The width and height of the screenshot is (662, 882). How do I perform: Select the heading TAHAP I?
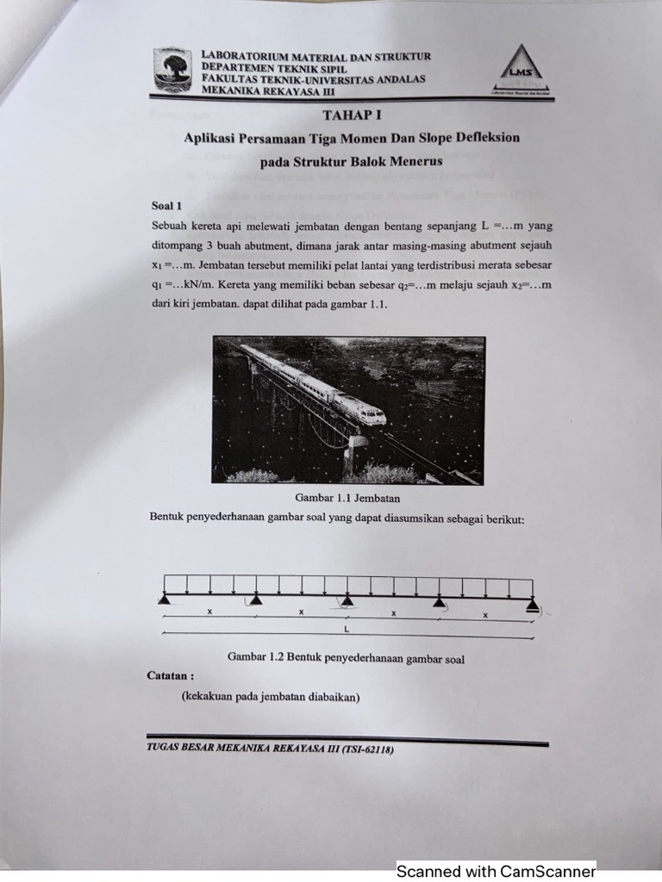coord(352,115)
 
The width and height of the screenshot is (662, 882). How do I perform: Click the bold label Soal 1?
coord(167,206)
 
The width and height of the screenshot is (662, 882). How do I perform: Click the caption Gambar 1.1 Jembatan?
coord(347,498)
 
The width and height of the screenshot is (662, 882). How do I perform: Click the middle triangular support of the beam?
coord(347,599)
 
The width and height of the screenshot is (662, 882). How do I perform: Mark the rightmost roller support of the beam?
coord(533,605)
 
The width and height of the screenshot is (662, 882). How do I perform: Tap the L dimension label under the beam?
coord(347,629)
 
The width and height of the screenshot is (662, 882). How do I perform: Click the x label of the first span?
coord(209,612)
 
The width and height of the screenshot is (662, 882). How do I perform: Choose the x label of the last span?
coord(484,615)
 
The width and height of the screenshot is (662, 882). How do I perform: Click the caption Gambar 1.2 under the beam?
coord(346,659)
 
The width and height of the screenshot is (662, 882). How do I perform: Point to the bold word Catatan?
coord(171,676)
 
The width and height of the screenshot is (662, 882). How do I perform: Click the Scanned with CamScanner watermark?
coord(496,871)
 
